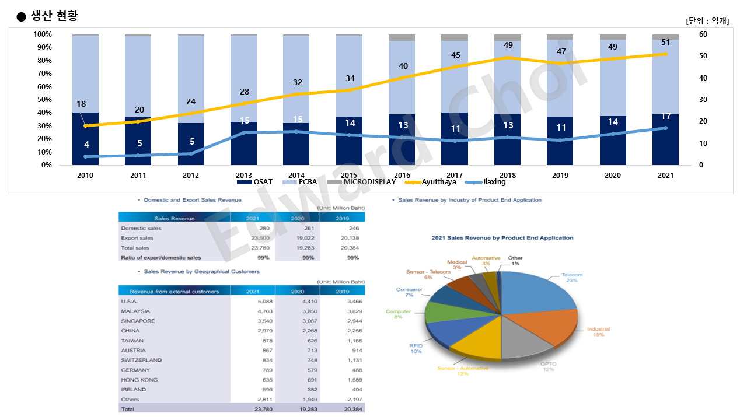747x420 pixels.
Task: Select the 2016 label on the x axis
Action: coord(402,175)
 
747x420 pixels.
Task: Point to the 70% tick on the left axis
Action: coord(43,73)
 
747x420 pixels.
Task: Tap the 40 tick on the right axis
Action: coord(703,78)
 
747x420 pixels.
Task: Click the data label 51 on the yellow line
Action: coord(666,42)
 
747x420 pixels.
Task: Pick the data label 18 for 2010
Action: coord(81,104)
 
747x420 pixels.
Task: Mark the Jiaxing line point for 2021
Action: coord(665,128)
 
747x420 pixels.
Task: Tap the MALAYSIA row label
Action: coord(135,311)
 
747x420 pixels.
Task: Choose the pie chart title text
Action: coord(502,238)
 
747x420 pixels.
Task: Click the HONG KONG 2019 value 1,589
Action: coord(351,380)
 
